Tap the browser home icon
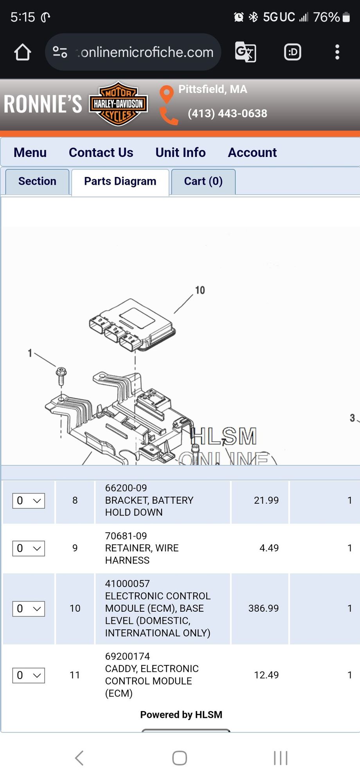23,52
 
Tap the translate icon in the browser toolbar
245,52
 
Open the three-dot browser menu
337,52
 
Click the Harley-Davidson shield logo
118,104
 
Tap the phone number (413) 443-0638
227,113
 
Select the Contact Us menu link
101,152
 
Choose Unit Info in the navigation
180,152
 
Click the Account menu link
252,152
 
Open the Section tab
37,181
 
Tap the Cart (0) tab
203,181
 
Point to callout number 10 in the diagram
200,290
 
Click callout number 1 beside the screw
30,353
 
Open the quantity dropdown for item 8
29,501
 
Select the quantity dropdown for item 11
29,675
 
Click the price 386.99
263,608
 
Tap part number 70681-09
126,536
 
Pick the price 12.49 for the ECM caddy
266,675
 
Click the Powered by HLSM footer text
181,715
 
